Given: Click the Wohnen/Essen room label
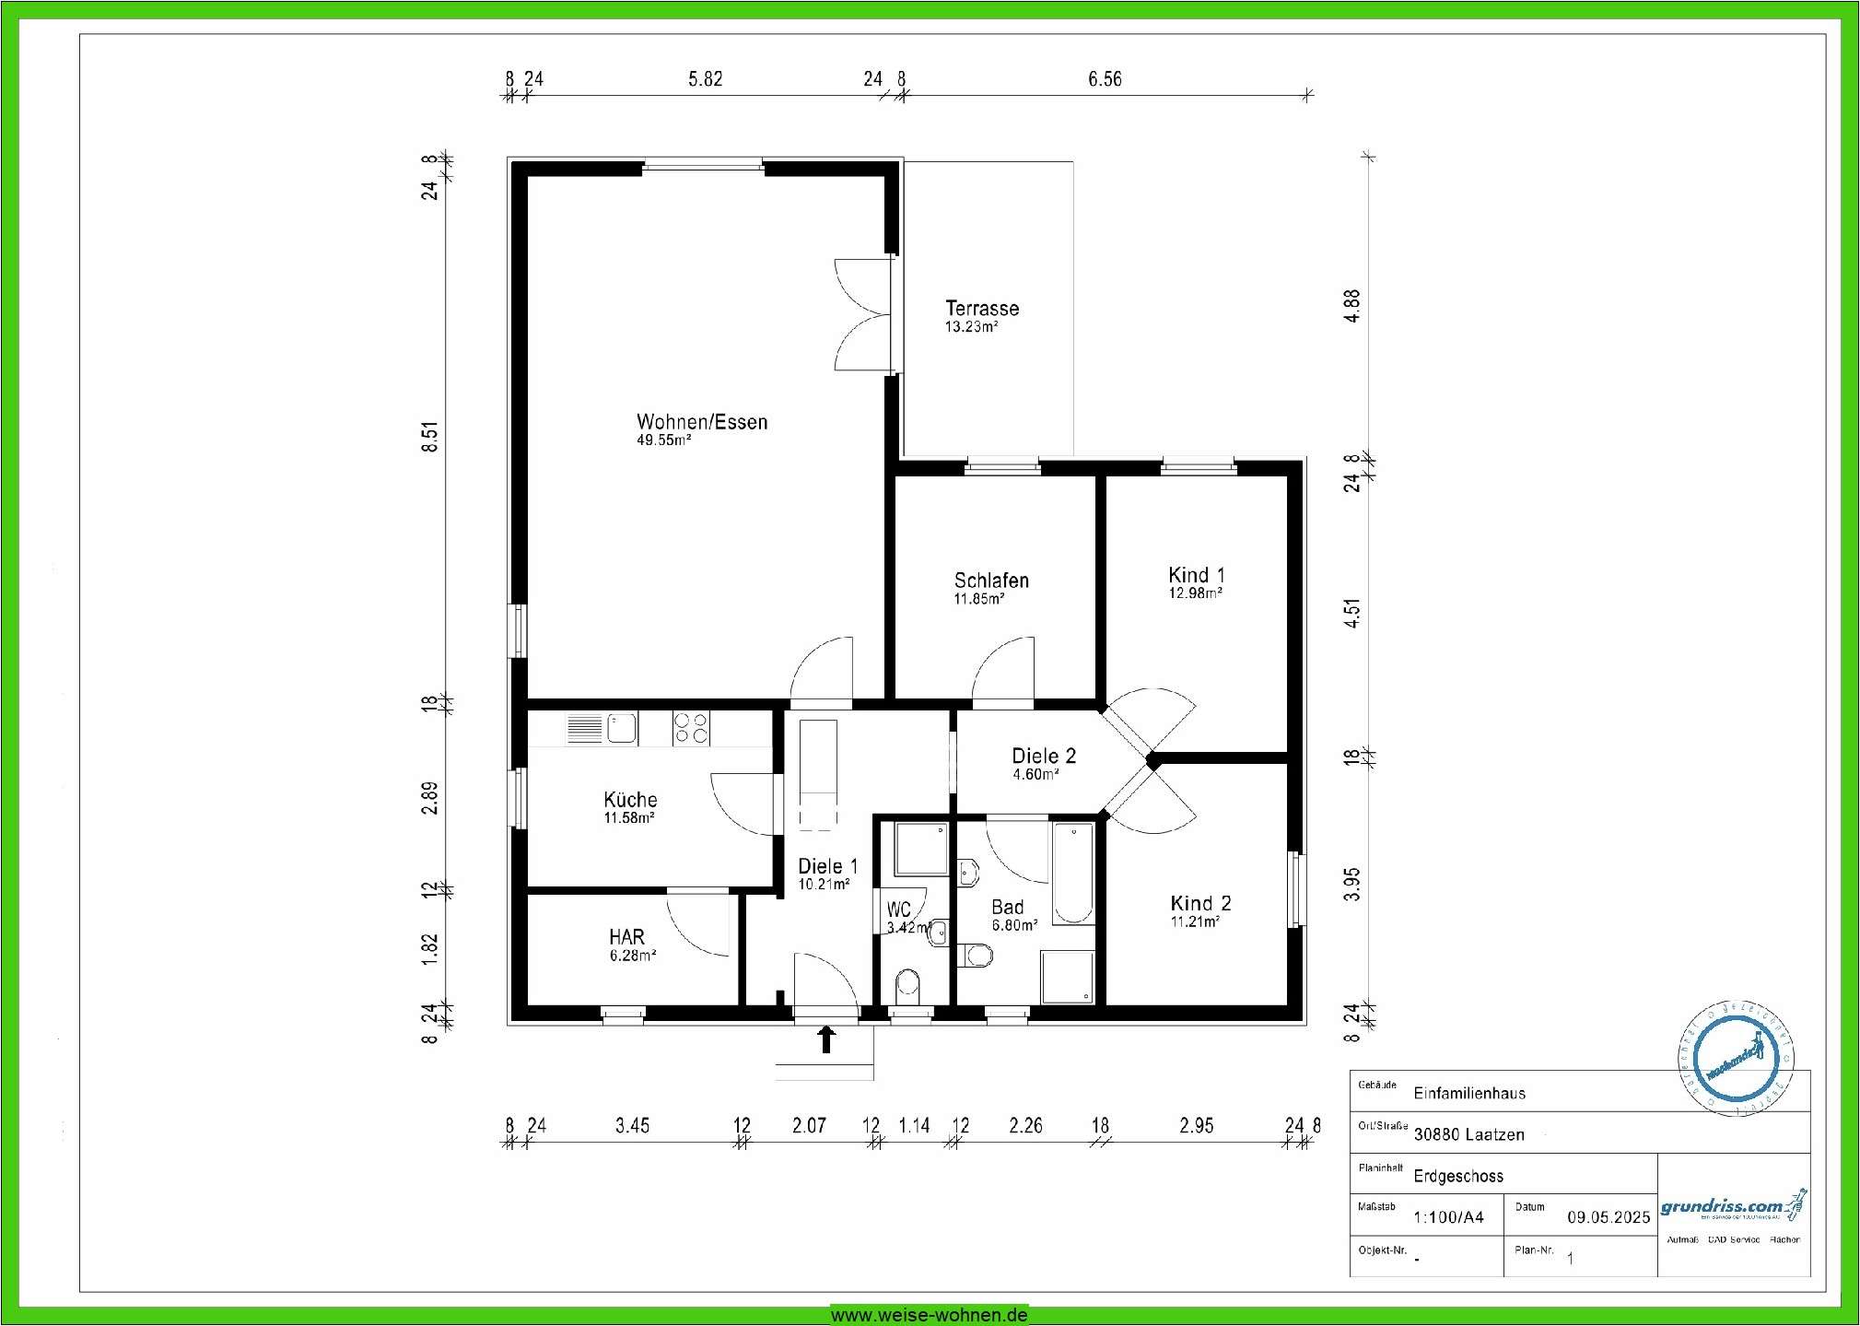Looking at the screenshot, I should (x=701, y=422).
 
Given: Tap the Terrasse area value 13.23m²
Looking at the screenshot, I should (x=971, y=327).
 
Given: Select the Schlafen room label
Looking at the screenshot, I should (x=991, y=581).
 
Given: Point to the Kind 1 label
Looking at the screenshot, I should (x=1196, y=575).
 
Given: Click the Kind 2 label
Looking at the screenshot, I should (x=1200, y=903).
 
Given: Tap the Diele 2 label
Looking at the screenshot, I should (x=1043, y=756).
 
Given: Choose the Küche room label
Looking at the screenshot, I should (x=630, y=800).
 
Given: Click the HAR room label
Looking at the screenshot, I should (x=626, y=937).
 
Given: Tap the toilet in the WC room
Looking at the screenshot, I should (x=907, y=983).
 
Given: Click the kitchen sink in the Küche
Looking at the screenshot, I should (x=621, y=728).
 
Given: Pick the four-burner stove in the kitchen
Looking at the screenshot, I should (x=691, y=728).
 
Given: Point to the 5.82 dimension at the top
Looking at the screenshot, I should (x=705, y=79).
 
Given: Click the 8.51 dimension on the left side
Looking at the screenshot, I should (x=430, y=437).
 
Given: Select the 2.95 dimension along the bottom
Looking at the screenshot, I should (x=1196, y=1125).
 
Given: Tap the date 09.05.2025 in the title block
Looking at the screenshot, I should (x=1608, y=1217).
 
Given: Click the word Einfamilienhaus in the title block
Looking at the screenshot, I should (x=1469, y=1094).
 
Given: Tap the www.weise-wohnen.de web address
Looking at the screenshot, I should (x=929, y=1315).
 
